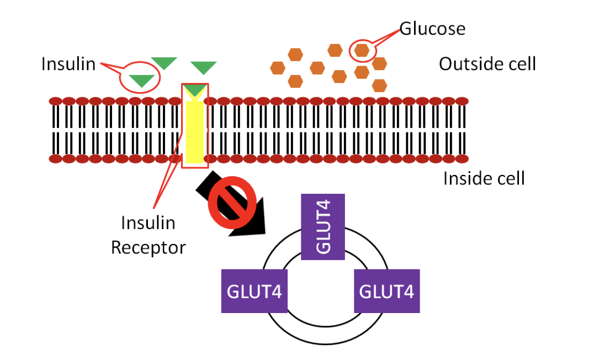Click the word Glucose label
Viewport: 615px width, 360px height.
click(432, 29)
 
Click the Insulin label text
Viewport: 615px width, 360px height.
click(68, 65)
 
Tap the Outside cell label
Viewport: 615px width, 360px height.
click(487, 64)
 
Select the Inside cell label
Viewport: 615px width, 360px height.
click(484, 178)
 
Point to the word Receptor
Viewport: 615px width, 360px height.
click(148, 247)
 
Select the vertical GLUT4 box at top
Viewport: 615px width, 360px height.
click(323, 226)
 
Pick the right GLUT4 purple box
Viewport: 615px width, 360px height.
click(386, 291)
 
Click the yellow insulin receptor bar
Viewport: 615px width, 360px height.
click(195, 131)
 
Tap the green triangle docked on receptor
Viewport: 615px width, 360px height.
click(195, 90)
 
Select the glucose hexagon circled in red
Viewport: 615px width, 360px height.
click(362, 50)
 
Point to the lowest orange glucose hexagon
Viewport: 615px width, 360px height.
click(379, 85)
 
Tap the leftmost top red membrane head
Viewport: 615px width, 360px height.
click(56, 101)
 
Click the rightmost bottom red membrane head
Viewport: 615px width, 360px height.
click(462, 159)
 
